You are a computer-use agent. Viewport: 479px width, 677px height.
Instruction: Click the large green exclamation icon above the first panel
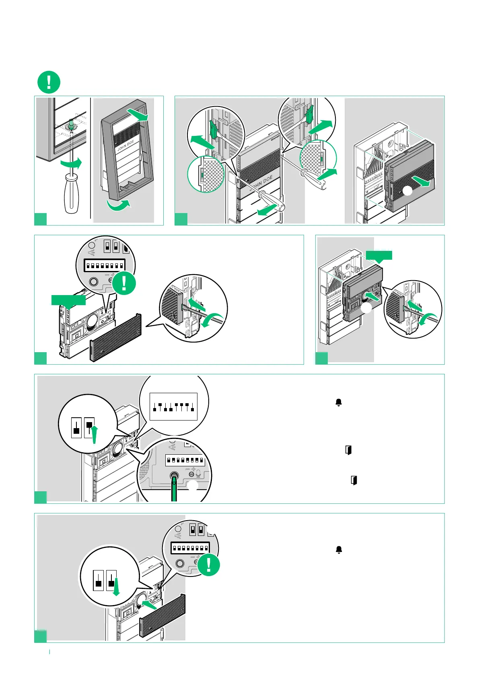click(x=49, y=82)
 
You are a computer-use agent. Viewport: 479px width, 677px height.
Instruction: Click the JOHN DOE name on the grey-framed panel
click(x=125, y=145)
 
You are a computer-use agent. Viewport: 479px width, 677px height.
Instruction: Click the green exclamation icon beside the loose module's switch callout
click(x=124, y=283)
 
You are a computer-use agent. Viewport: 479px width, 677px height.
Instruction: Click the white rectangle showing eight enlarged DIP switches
click(x=173, y=406)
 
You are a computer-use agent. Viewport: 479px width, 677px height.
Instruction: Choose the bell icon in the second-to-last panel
click(x=339, y=402)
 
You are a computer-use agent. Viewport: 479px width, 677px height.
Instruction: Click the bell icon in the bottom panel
click(x=339, y=550)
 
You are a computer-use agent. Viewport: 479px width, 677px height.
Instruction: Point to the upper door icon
click(x=348, y=450)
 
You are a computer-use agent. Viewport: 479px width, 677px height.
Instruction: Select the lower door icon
click(x=354, y=480)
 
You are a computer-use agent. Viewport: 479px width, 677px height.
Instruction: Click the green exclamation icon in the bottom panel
click(x=209, y=565)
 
